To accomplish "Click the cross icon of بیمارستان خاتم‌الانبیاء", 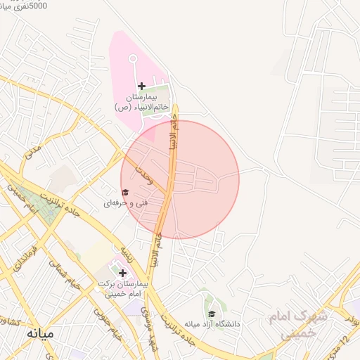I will pyautogui.click(x=141, y=86).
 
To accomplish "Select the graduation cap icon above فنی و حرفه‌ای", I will pyautogui.click(x=125, y=193).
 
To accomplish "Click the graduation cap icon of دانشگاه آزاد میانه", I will pyautogui.click(x=211, y=314).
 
